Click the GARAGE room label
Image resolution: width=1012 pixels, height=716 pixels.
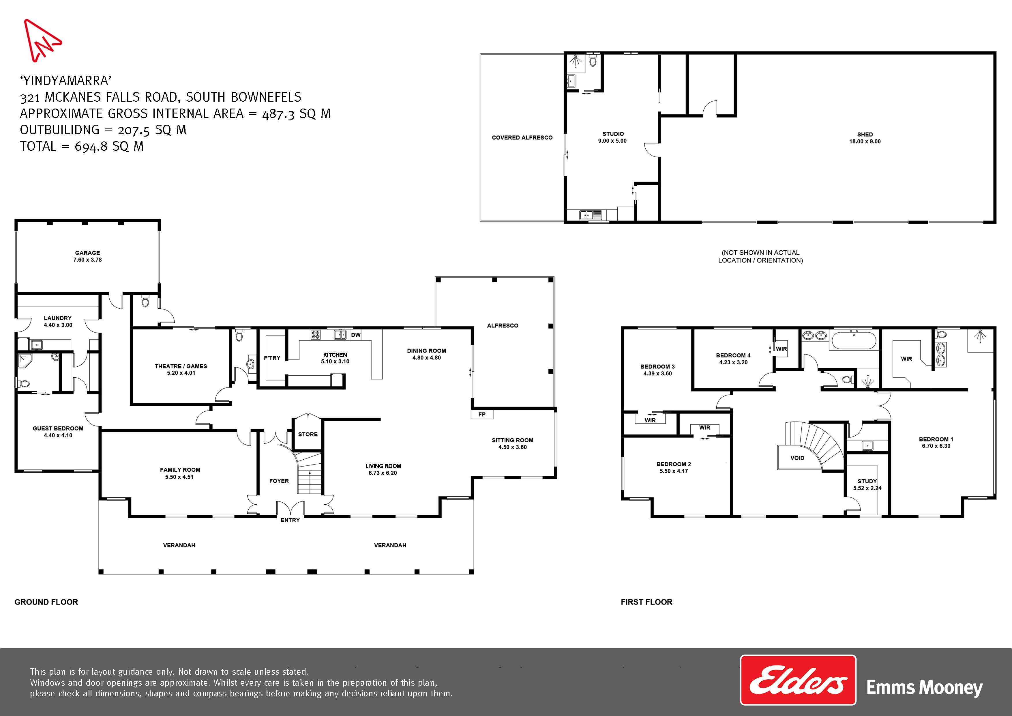coord(87,253)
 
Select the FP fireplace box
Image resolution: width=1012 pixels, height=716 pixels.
coord(482,414)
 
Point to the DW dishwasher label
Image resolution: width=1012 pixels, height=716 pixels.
coord(356,335)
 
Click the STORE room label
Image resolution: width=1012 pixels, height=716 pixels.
coord(308,434)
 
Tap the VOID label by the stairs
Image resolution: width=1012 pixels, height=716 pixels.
coord(797,458)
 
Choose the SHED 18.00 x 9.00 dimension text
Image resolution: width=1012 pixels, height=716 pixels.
coord(865,141)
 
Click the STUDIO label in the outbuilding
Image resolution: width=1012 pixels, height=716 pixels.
coord(613,134)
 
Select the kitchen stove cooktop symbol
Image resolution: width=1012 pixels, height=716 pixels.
coord(316,335)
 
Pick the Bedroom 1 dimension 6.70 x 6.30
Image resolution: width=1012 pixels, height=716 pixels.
coord(936,446)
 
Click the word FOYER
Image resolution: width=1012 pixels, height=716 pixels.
coord(279,481)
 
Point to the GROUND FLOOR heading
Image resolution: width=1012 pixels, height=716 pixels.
coord(46,602)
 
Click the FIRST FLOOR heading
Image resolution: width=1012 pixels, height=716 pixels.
coord(646,602)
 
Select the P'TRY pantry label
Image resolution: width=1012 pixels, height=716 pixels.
coord(272,358)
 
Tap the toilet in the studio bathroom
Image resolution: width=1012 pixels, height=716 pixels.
coord(593,60)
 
